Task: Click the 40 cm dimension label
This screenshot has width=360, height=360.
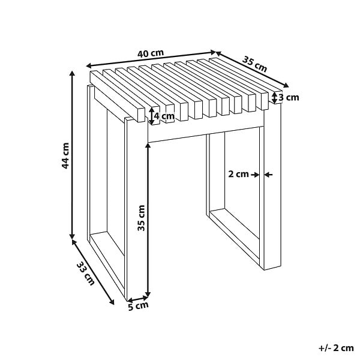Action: tap(151, 53)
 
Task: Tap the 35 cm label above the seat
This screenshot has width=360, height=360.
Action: tap(254, 64)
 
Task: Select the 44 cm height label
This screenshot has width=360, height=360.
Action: tap(65, 156)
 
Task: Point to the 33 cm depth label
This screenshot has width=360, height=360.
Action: tap(85, 274)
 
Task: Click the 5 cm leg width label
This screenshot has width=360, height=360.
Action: tap(138, 306)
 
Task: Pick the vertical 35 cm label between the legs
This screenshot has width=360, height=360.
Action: tap(141, 218)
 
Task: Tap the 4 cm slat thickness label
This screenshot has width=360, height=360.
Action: tap(164, 116)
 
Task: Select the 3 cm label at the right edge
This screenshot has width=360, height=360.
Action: tap(289, 98)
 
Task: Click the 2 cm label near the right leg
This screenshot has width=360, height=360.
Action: tap(238, 174)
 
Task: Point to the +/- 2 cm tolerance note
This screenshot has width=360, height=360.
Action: tap(336, 348)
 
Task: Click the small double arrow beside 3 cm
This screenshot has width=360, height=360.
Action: tap(275, 98)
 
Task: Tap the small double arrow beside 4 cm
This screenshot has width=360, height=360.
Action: tap(152, 116)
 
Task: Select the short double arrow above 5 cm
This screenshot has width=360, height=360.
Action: tap(138, 299)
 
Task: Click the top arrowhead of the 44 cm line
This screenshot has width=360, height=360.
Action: tap(72, 73)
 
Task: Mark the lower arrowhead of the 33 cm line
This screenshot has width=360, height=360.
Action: tap(112, 302)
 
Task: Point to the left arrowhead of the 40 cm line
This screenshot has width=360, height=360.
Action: tap(89, 65)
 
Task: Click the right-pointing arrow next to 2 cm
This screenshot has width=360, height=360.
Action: tap(255, 175)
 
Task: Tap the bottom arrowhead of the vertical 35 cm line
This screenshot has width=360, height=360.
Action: tap(148, 295)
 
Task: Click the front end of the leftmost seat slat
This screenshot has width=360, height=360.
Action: tap(140, 115)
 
